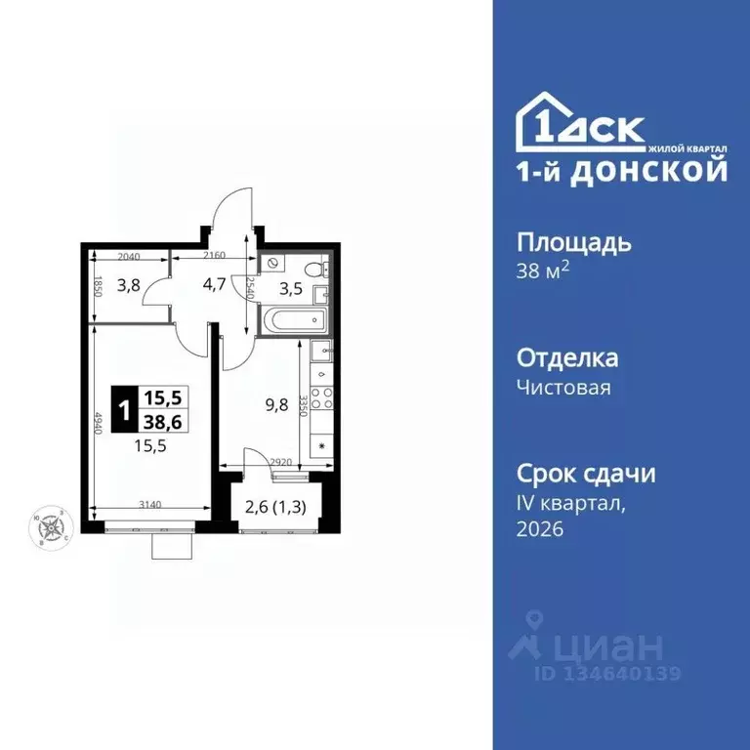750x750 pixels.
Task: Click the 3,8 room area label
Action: tap(129, 286)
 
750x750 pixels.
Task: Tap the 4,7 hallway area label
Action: tap(213, 286)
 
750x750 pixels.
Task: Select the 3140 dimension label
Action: tap(149, 505)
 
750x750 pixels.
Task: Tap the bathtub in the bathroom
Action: tap(295, 319)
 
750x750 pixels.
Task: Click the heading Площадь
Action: tap(573, 242)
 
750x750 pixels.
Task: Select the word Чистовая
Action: tap(563, 388)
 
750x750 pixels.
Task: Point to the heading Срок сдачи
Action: tap(585, 474)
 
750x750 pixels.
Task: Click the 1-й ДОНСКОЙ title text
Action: tap(621, 171)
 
